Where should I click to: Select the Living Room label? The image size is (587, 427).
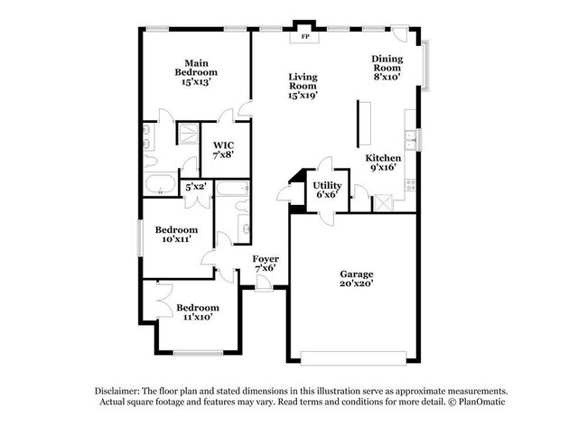(x=303, y=86)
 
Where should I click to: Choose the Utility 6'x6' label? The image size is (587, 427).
(x=327, y=190)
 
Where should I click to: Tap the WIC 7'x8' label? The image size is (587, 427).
(x=224, y=150)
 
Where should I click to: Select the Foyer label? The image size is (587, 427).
(x=266, y=264)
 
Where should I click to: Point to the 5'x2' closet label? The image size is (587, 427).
(x=196, y=187)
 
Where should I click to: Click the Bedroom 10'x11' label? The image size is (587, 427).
(x=176, y=236)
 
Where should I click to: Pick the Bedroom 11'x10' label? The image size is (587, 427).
(x=197, y=312)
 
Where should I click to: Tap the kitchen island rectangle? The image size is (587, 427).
(x=366, y=123)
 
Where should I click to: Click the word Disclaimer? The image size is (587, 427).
(x=122, y=389)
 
